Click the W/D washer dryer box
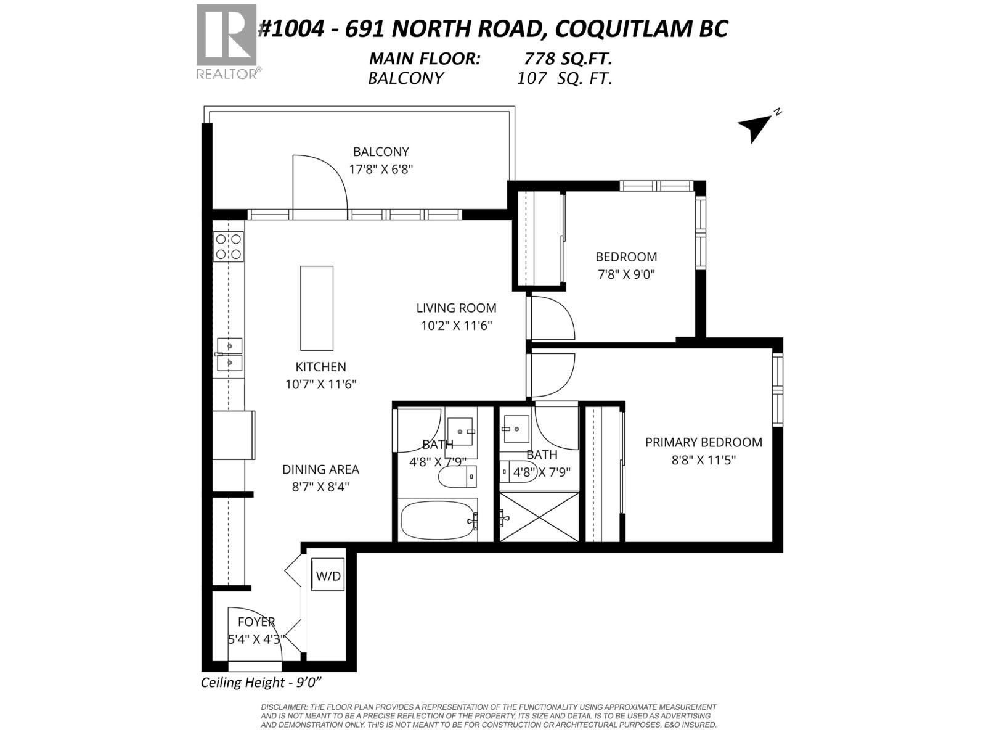click(x=328, y=575)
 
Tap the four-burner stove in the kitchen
click(x=228, y=247)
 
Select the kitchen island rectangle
click(x=317, y=308)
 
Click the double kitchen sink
click(x=229, y=354)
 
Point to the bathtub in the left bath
click(x=438, y=520)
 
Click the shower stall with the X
click(x=539, y=517)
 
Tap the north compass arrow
click(x=756, y=127)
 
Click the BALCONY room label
click(x=381, y=152)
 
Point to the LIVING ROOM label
click(x=456, y=308)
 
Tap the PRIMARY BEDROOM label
click(x=703, y=442)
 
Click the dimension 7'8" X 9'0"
click(x=626, y=274)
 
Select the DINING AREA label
click(x=320, y=469)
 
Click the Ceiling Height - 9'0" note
click(x=262, y=683)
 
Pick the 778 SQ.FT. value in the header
click(x=568, y=59)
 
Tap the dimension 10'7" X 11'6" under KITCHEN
click(x=320, y=384)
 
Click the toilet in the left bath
click(x=456, y=477)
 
